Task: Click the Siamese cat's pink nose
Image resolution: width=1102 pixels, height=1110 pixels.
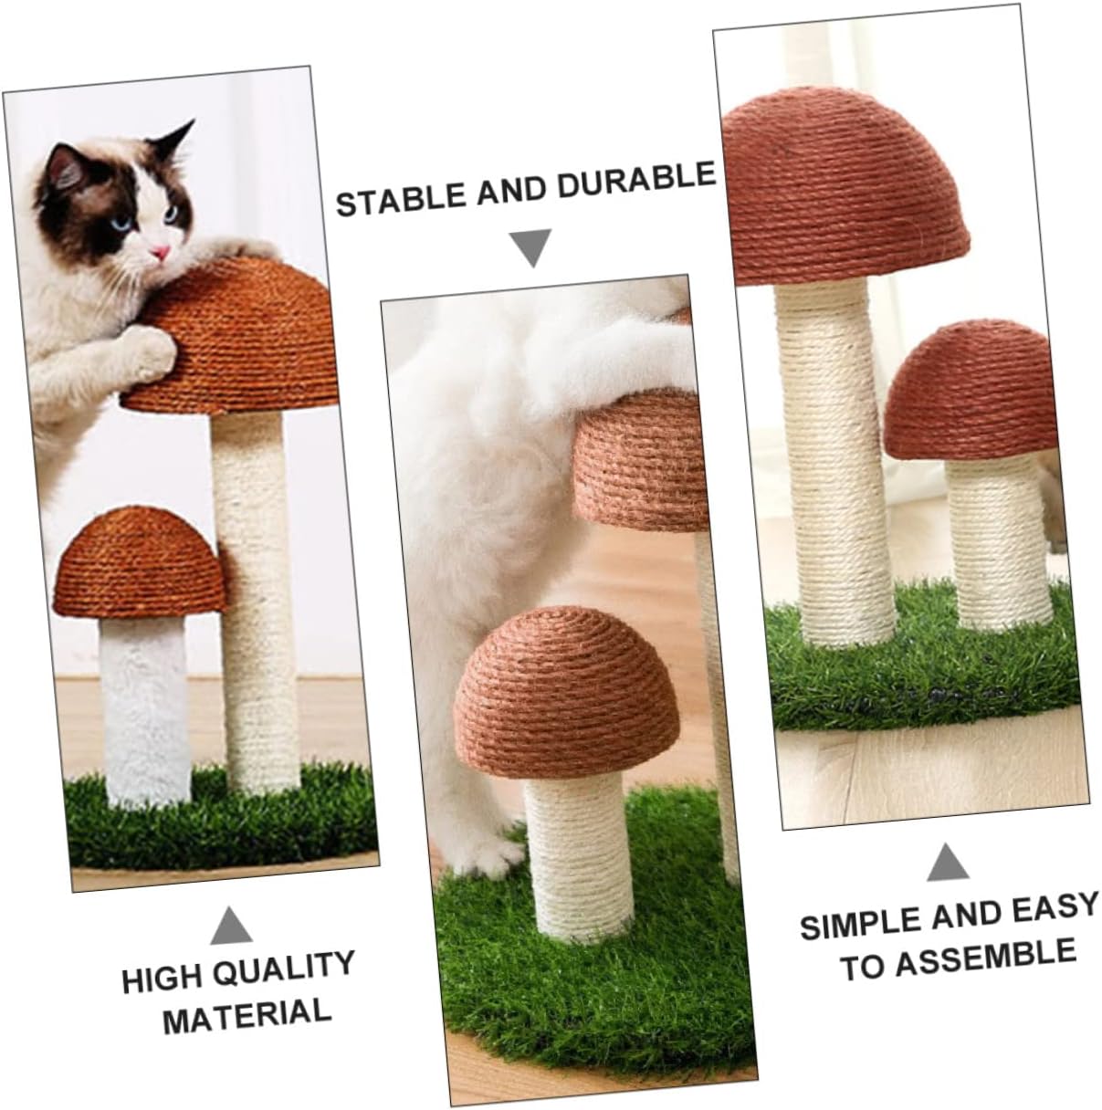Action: click(161, 252)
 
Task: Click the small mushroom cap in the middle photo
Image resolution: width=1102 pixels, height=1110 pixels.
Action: click(566, 690)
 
